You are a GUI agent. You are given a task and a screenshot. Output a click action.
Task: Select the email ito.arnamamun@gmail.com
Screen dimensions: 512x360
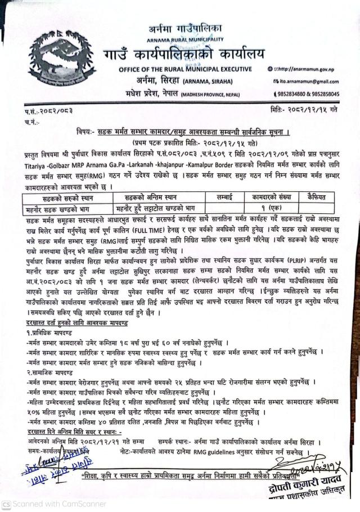[x=308, y=82]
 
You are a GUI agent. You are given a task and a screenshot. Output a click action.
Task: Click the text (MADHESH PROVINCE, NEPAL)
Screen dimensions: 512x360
[x=211, y=95]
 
